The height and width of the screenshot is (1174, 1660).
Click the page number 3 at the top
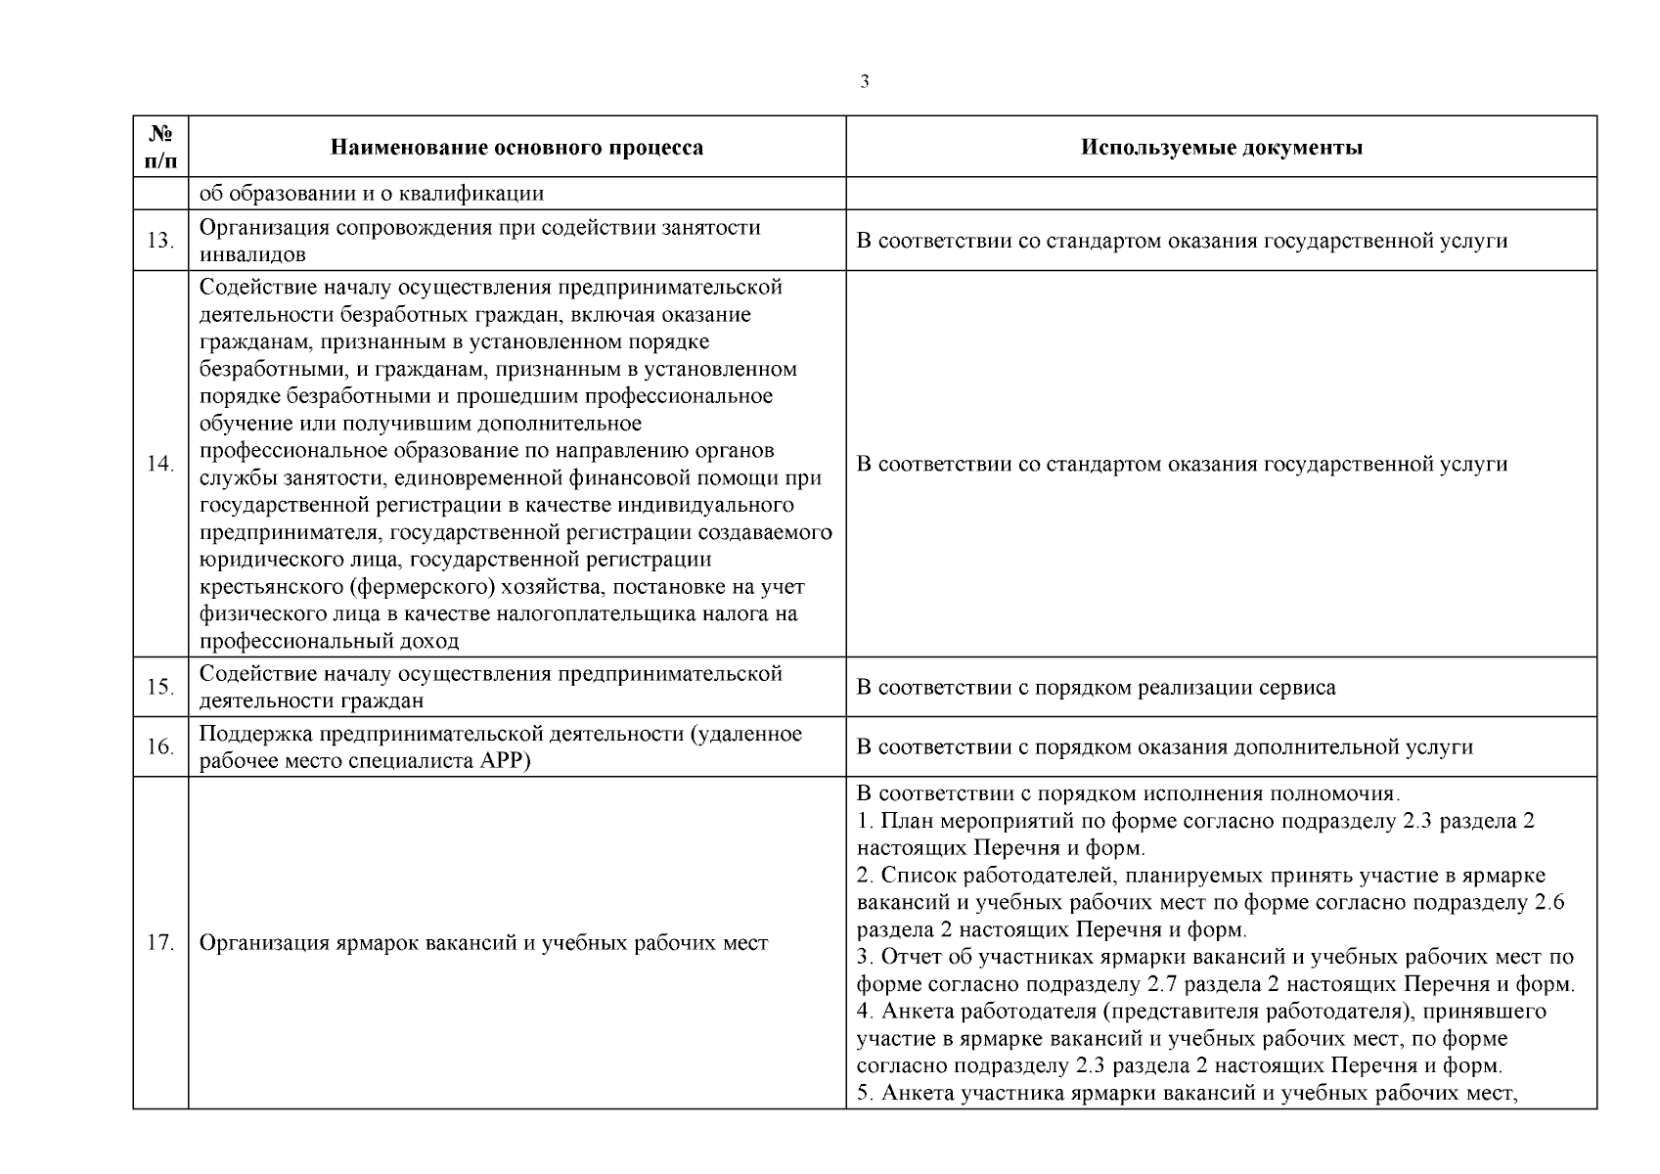[864, 82]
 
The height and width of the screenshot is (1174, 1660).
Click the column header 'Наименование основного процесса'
[516, 148]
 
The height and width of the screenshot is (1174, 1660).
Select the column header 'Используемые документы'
[1221, 148]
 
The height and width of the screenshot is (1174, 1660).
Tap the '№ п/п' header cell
[160, 147]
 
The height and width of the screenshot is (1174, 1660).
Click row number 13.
[160, 241]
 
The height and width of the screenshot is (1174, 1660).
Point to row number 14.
[160, 464]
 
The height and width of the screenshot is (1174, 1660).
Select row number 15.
[160, 687]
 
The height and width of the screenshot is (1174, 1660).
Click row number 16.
[160, 747]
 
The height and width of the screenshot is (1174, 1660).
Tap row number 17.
[160, 943]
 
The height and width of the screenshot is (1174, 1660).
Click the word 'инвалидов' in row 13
[252, 254]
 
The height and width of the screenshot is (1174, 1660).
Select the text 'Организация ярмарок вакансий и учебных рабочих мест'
[483, 943]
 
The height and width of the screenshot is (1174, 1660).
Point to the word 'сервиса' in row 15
[1298, 687]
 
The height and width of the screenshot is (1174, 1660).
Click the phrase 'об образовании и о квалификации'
[372, 193]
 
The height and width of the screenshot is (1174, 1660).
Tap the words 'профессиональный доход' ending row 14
[329, 642]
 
